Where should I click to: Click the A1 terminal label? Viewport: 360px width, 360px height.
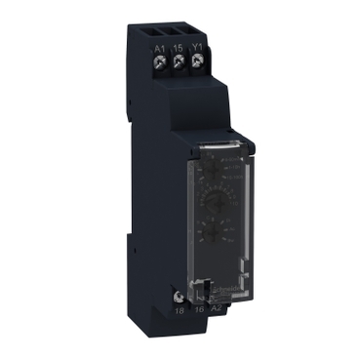160,47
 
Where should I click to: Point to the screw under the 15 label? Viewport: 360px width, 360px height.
180,62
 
